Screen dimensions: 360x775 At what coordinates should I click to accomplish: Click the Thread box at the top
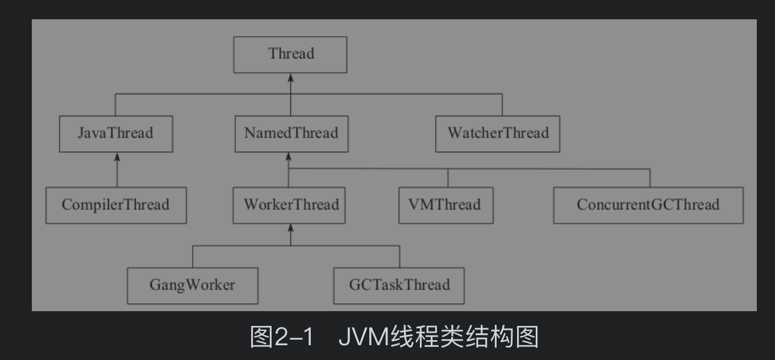pos(290,55)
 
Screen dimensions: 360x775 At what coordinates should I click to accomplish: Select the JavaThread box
pos(116,133)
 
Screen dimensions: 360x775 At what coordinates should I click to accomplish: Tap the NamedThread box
pos(291,133)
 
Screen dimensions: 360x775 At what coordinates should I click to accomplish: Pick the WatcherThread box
pos(498,133)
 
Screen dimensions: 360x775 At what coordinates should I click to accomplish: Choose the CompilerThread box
pos(116,205)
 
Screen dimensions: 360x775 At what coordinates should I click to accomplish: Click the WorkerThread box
pos(289,205)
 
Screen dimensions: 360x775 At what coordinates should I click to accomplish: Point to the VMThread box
pos(445,205)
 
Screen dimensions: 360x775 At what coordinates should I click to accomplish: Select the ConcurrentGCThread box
pos(648,205)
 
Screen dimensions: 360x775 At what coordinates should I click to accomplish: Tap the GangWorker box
pos(193,285)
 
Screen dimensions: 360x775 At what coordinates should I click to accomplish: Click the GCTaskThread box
pos(399,285)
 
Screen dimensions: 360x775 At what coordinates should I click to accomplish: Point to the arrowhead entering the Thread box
pos(290,77)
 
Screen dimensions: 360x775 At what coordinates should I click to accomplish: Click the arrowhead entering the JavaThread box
pos(117,156)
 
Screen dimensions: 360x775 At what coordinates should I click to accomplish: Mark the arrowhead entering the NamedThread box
pos(289,156)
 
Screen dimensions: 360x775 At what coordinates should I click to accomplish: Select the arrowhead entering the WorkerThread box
pos(290,228)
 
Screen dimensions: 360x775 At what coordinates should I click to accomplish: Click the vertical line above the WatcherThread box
pos(502,105)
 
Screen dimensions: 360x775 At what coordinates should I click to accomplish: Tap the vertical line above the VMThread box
pos(448,178)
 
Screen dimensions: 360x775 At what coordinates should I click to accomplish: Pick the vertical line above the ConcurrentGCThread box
pos(650,178)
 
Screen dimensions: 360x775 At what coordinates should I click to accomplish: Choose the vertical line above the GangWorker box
pos(193,257)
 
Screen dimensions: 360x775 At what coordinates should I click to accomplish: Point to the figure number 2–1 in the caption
pos(294,337)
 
